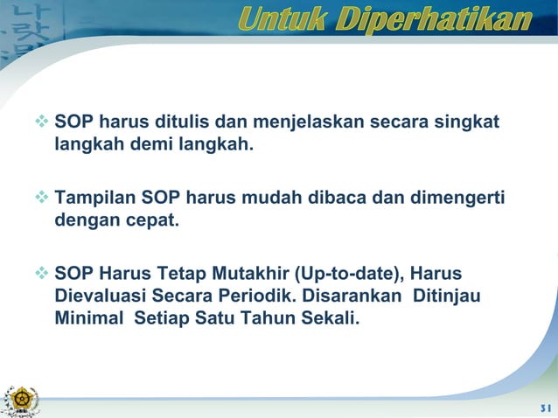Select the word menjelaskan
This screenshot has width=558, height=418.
tap(309, 121)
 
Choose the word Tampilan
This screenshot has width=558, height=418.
tap(94, 197)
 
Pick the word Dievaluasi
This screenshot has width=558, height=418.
tap(99, 296)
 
